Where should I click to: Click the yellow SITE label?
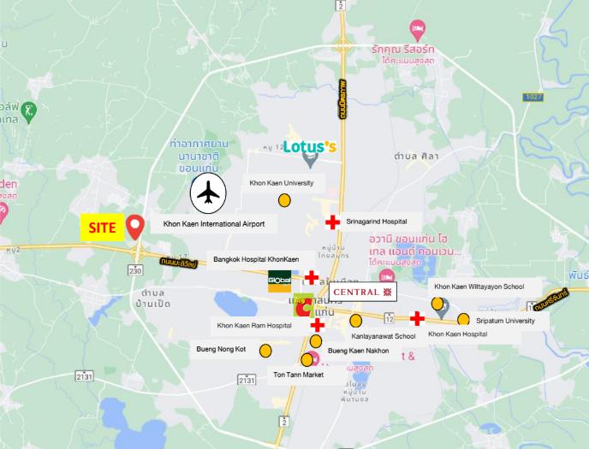pos(102,228)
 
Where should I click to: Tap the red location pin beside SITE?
pos(135,227)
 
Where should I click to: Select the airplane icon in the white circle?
pos(206,194)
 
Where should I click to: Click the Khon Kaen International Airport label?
pos(214,224)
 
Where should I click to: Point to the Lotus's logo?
pos(309,147)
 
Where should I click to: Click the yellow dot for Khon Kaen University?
pos(284,201)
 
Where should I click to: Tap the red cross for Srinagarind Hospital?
pos(332,223)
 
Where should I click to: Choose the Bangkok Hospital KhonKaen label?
pos(255,258)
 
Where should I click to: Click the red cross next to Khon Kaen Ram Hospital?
pos(317,325)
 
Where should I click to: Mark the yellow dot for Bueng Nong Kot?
pos(266,350)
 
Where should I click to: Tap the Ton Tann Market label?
pos(298,375)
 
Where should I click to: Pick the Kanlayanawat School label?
pos(384,336)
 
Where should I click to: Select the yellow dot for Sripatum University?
pos(463,320)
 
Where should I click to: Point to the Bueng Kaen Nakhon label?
pos(358,351)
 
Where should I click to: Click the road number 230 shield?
pos(135,270)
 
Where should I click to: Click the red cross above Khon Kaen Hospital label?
pos(417,318)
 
